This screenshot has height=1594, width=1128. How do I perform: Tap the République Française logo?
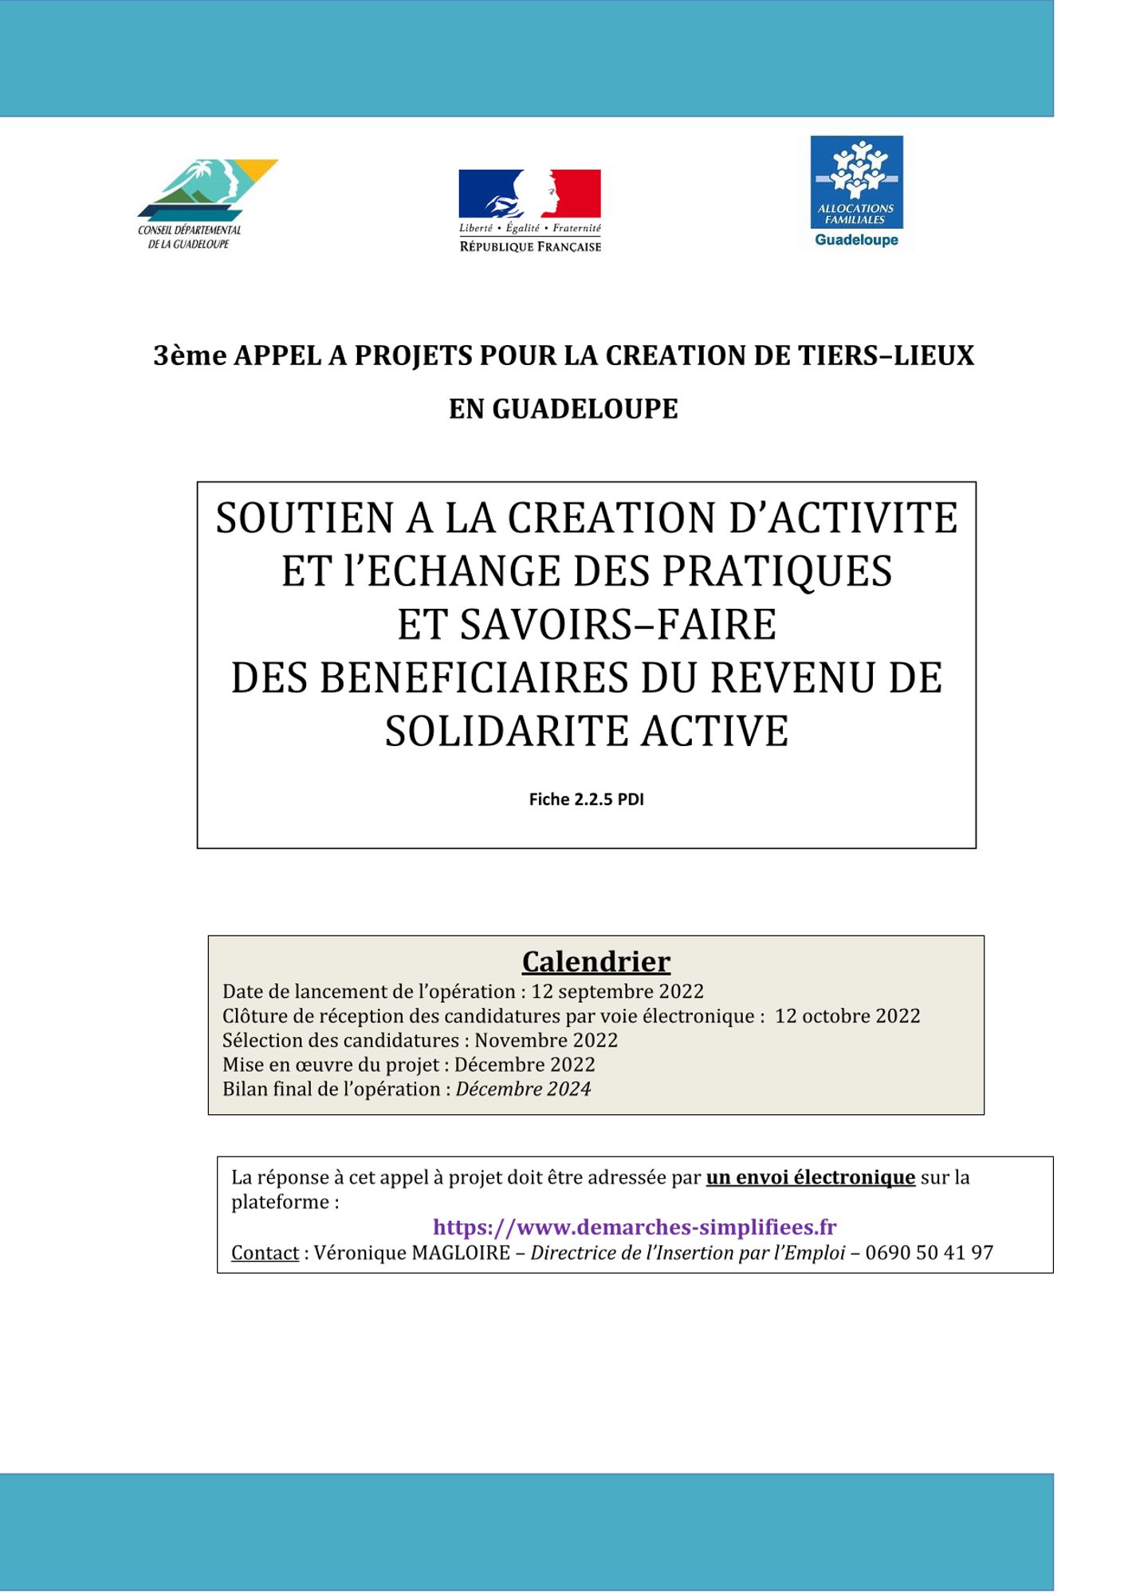click(x=530, y=210)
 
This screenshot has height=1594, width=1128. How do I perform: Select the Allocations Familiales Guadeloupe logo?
click(x=856, y=192)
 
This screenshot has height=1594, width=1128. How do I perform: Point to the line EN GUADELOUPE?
click(x=563, y=409)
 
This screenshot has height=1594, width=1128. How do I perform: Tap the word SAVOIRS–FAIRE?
click(x=587, y=625)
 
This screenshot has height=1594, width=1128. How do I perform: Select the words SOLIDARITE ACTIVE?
click(x=587, y=732)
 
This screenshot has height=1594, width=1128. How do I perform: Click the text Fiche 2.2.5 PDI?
click(x=586, y=799)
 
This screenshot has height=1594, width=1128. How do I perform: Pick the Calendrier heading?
click(x=595, y=961)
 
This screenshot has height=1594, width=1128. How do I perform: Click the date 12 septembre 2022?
click(x=617, y=991)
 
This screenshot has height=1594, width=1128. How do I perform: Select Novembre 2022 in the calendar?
click(x=546, y=1040)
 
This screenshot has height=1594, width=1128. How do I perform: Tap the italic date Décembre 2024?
click(x=524, y=1089)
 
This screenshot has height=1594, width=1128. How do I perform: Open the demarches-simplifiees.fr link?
click(x=635, y=1227)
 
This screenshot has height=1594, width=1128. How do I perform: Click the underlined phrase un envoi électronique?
click(x=810, y=1177)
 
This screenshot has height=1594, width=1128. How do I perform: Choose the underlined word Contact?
click(x=265, y=1253)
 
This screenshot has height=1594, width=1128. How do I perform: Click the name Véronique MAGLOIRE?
click(x=411, y=1253)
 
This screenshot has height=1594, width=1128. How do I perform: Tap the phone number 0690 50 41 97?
click(x=929, y=1253)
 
